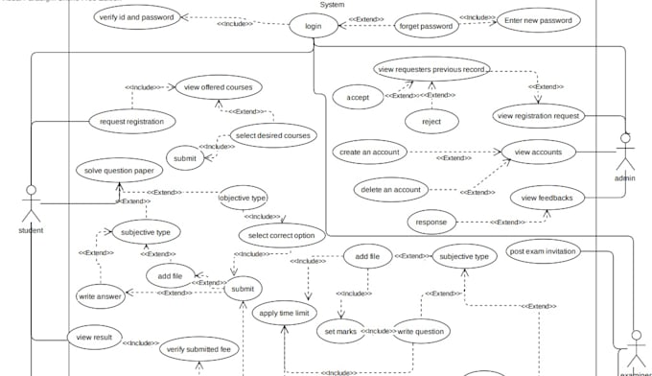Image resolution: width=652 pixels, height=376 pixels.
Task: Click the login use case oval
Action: [314, 26]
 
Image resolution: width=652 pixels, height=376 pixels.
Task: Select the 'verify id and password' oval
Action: [140, 18]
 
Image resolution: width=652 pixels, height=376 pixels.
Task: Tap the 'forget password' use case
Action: [426, 27]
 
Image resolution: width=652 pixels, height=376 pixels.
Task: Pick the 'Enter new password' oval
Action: [538, 20]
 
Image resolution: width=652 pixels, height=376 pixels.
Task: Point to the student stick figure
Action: [31, 201]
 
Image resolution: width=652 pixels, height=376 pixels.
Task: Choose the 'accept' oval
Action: [359, 96]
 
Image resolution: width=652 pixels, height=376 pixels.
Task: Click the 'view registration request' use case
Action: [539, 116]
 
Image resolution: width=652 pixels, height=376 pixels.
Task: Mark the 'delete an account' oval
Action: [392, 189]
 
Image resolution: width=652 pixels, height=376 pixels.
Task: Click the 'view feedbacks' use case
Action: [547, 199]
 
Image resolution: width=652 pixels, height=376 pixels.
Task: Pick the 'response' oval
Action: [431, 222]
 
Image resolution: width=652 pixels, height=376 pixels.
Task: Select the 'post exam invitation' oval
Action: [542, 251]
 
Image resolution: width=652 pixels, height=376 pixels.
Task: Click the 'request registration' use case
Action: [132, 121]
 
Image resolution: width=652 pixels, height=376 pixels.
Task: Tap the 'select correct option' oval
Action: [281, 236]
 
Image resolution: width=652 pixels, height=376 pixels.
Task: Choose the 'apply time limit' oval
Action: [284, 313]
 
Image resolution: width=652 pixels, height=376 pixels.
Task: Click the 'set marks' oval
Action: [340, 331]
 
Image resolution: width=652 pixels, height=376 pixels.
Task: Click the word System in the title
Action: [332, 5]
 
